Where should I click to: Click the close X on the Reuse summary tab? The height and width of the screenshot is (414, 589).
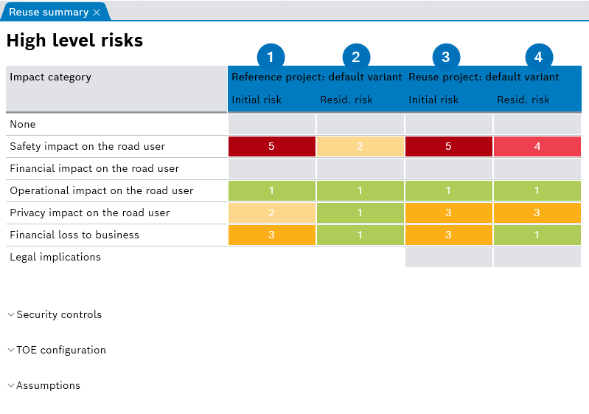pos(97,13)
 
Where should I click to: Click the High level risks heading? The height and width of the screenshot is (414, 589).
pos(74,41)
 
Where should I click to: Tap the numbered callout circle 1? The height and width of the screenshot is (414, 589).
pos(271,57)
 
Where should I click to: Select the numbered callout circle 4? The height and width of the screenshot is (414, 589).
pos(538,57)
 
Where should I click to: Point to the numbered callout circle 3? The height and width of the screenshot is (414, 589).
pos(445,57)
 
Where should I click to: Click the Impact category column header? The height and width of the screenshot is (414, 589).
pos(51,77)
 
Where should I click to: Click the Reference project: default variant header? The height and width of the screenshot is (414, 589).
pos(317,77)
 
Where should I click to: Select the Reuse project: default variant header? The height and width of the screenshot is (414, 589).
pos(484,77)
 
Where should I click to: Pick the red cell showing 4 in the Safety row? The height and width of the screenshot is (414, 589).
pos(537,147)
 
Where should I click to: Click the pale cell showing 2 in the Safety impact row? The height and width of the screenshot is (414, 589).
pos(360,147)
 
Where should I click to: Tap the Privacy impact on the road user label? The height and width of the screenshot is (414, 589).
pos(90,213)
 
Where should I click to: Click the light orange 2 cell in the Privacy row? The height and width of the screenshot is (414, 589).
pos(271,213)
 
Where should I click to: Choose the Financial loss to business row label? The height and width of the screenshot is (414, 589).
pos(74,235)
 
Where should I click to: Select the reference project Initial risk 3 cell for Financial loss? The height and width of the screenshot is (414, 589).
pos(271,235)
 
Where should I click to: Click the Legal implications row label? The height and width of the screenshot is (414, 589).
pos(55,258)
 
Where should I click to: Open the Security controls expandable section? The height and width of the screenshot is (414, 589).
pos(59,315)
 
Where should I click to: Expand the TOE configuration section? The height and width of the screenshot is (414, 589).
pos(61,351)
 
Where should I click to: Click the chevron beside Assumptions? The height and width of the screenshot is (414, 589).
pos(11,386)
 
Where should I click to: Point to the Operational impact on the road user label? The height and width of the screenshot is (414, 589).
pos(102,191)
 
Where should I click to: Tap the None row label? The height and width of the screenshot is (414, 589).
pos(23,125)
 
